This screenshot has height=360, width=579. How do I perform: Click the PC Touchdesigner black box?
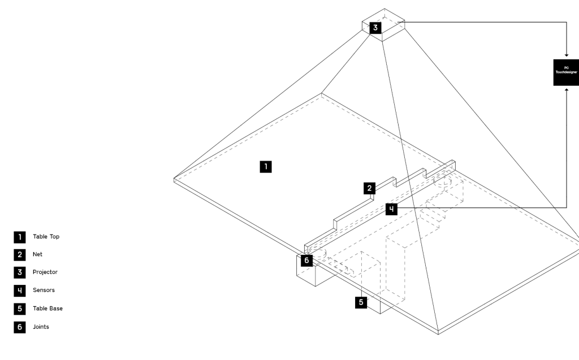(x=566, y=72)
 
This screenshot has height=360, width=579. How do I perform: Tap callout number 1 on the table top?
(x=265, y=166)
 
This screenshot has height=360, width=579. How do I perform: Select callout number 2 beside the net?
(x=370, y=188)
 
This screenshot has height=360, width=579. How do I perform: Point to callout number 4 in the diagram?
(x=392, y=209)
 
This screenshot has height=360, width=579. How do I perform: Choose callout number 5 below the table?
(x=361, y=302)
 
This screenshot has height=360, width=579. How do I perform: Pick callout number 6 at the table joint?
(x=306, y=260)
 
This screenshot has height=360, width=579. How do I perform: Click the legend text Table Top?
(x=46, y=237)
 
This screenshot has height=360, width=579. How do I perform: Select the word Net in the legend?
(x=38, y=254)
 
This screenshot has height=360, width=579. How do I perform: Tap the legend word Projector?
(x=45, y=272)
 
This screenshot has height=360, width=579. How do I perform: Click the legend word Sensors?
(x=44, y=290)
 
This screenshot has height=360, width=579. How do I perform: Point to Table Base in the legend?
(x=48, y=309)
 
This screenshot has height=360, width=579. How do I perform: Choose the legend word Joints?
(x=41, y=327)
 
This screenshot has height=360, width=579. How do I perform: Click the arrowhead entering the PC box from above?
(x=567, y=55)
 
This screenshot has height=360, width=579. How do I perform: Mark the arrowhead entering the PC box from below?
(x=567, y=89)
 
